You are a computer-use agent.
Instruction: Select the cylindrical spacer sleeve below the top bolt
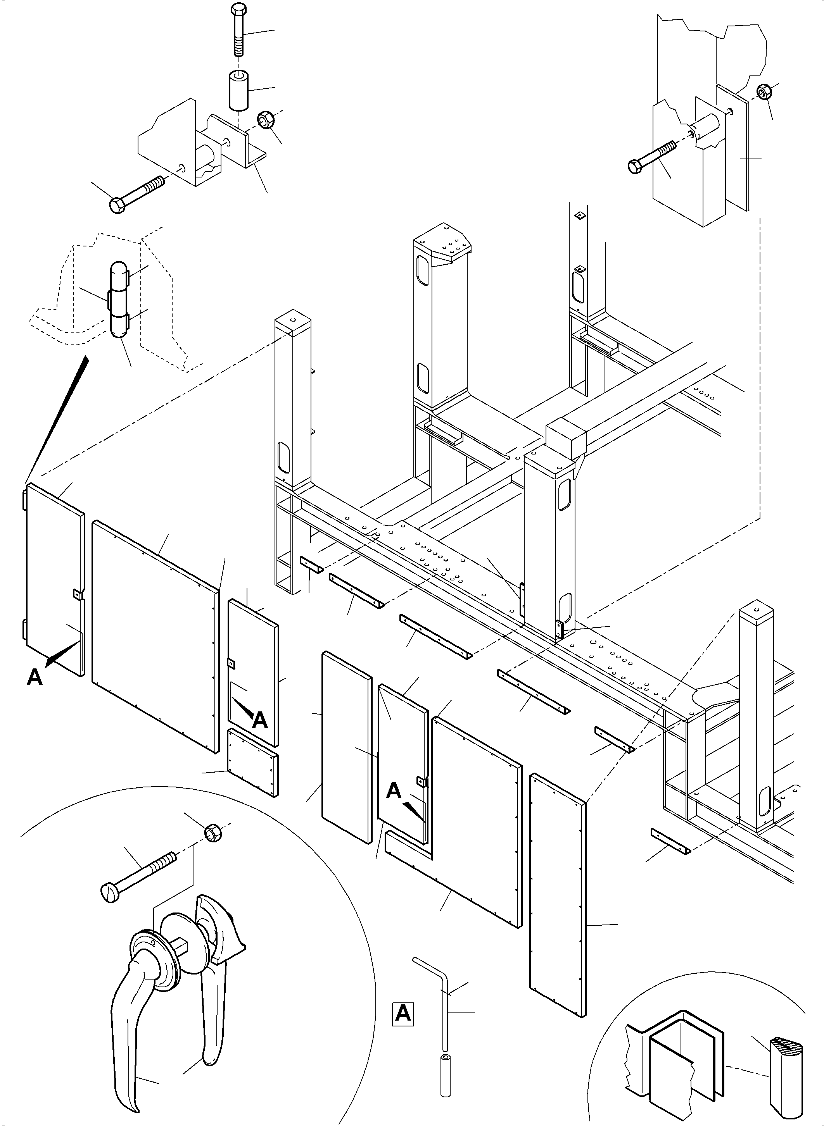239,90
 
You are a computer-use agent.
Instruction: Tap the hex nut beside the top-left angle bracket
264,120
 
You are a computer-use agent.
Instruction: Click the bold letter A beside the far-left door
35,677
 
